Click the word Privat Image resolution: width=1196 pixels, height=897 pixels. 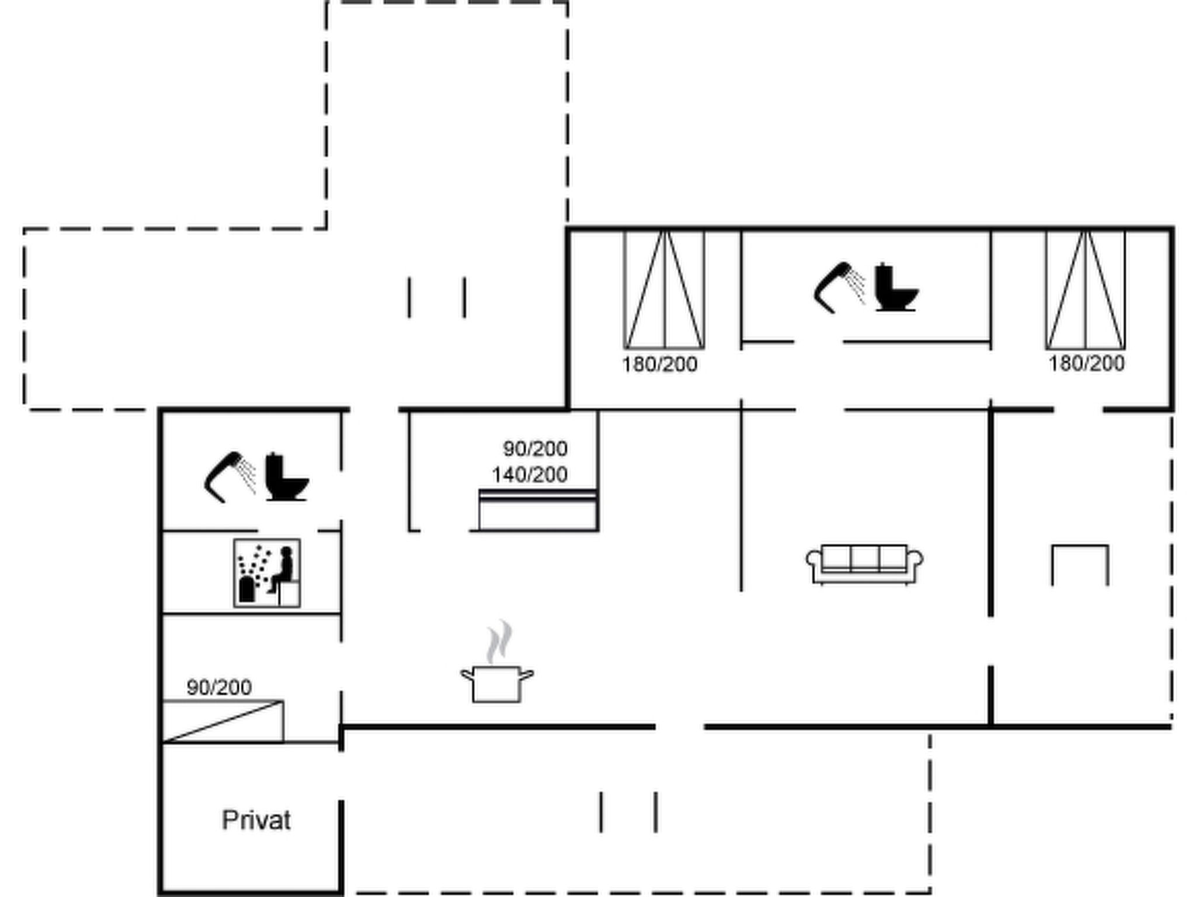(x=256, y=820)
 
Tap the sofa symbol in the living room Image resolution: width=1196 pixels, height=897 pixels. (x=864, y=564)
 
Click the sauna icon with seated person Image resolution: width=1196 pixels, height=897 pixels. (x=267, y=573)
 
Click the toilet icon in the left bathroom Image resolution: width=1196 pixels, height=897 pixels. (x=287, y=477)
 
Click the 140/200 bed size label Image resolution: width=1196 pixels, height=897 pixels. (x=530, y=475)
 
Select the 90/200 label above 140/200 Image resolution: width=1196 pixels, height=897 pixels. (x=536, y=449)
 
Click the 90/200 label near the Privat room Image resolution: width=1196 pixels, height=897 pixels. (x=220, y=687)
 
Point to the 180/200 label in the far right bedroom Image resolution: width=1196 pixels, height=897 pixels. (x=1086, y=363)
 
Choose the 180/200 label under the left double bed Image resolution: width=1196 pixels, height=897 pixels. (x=659, y=364)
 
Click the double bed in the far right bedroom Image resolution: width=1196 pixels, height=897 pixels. (x=1085, y=290)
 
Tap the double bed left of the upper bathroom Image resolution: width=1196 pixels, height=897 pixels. (x=664, y=290)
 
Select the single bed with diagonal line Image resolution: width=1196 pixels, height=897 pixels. (x=223, y=722)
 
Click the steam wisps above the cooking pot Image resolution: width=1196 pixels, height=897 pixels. (x=499, y=642)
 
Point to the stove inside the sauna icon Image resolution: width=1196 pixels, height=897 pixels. (x=247, y=589)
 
